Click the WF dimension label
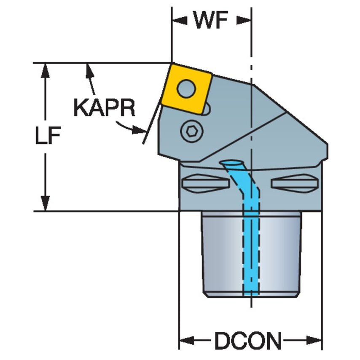[212, 21]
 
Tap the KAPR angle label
[104, 108]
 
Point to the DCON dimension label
[248, 340]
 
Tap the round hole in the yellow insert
[186, 88]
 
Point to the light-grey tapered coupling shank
[251, 253]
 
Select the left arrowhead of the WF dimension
[179, 20]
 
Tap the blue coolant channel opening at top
[231, 163]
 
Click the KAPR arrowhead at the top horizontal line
[89, 70]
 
